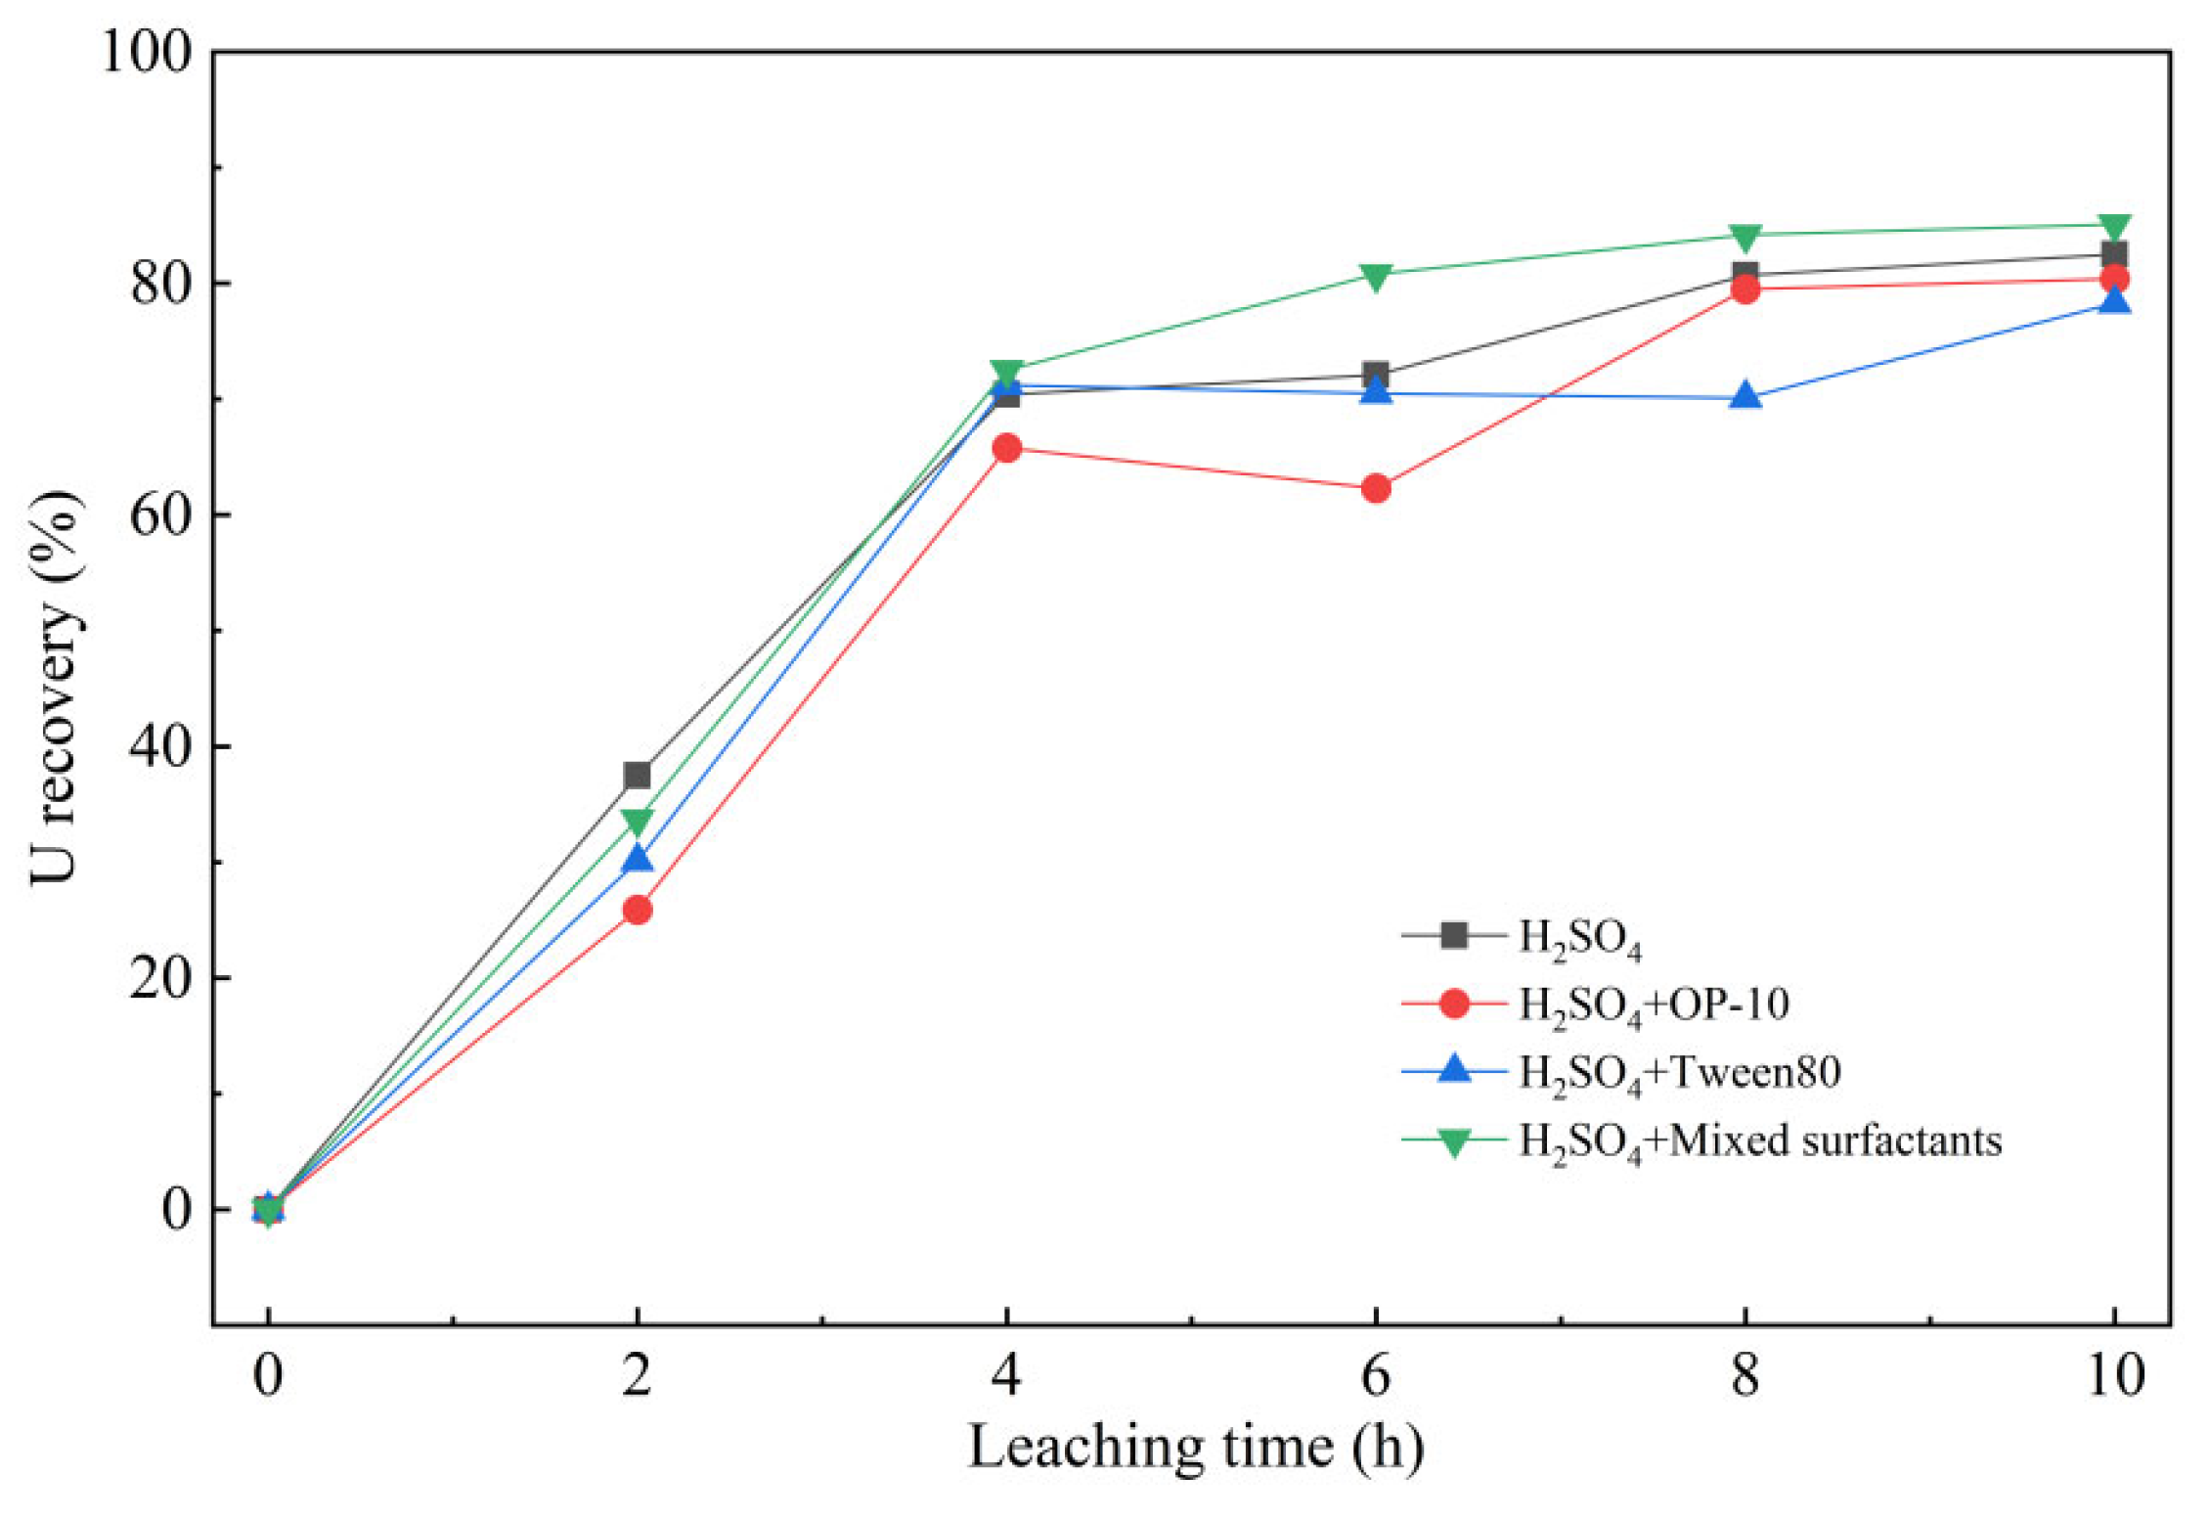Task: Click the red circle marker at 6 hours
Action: [x=1375, y=488]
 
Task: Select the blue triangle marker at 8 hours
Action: [x=1745, y=396]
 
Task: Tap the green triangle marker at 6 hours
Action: [x=1375, y=277]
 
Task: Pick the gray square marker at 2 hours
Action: [x=637, y=776]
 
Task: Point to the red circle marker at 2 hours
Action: [x=637, y=910]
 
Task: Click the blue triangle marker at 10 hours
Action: [x=2114, y=300]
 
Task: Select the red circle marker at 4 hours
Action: [x=1006, y=448]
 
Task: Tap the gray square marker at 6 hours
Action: [x=1375, y=375]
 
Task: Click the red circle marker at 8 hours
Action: [x=1745, y=289]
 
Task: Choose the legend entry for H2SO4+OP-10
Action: [x=1596, y=1005]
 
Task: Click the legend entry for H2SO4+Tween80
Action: [x=1621, y=1072]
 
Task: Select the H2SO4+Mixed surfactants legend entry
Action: [x=1701, y=1140]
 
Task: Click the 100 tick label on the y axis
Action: [x=147, y=51]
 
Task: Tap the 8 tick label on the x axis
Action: [x=1745, y=1374]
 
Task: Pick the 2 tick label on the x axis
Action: [x=637, y=1374]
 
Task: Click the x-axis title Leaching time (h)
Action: [x=1195, y=1448]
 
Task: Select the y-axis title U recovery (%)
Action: [x=54, y=688]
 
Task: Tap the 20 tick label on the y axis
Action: [x=161, y=977]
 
